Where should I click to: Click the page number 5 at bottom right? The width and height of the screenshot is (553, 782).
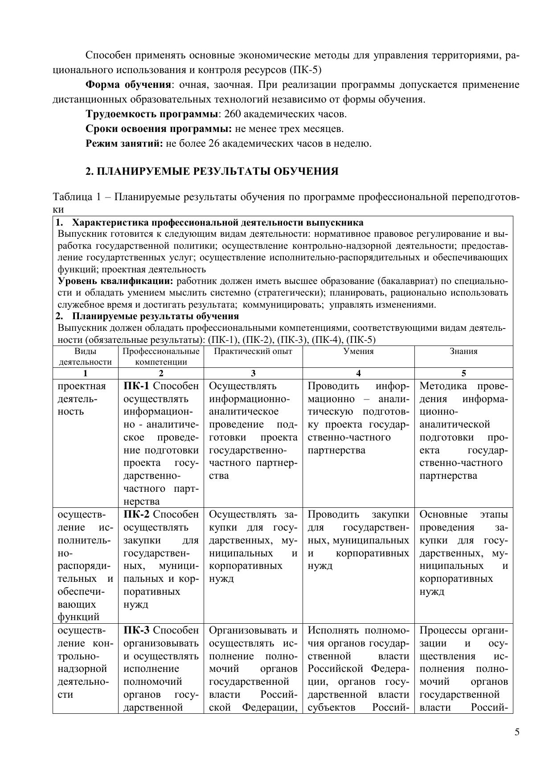click(x=516, y=732)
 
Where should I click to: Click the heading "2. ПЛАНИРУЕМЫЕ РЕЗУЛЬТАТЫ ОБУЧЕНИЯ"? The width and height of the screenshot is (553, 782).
click(x=212, y=172)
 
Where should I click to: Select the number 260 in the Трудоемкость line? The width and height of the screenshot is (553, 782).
click(x=233, y=114)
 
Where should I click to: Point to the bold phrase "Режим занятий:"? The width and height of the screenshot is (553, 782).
click(x=124, y=144)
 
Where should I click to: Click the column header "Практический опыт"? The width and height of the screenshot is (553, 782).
click(x=253, y=351)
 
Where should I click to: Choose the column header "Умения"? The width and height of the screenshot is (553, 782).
click(x=358, y=351)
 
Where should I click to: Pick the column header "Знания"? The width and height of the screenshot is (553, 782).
click(x=463, y=351)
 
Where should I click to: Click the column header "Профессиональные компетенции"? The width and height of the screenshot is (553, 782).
click(x=161, y=356)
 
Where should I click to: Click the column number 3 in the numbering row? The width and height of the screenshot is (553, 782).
click(x=253, y=374)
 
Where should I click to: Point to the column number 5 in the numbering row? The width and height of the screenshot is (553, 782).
click(x=463, y=374)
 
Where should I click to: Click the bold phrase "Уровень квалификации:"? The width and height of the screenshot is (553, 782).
click(x=116, y=281)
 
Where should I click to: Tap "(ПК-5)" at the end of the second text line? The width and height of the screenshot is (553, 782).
click(x=305, y=70)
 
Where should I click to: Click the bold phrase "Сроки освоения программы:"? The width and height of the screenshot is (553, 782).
click(x=159, y=129)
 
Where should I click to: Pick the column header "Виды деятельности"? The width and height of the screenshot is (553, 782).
click(x=85, y=356)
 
